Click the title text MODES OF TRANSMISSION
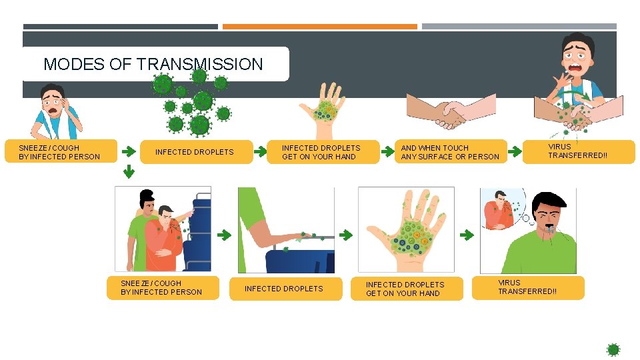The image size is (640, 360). click(x=153, y=64)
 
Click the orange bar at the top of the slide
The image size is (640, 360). click(x=319, y=27)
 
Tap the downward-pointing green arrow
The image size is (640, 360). click(x=129, y=171)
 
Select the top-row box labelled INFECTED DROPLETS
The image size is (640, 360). click(x=196, y=152)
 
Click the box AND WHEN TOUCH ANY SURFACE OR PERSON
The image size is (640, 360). click(x=451, y=152)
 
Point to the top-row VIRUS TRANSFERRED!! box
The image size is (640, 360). click(x=579, y=152)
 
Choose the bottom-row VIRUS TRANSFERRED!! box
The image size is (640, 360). click(x=528, y=288)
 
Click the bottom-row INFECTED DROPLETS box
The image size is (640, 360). click(x=286, y=289)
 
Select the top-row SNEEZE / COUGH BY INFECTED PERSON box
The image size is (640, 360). click(x=61, y=151)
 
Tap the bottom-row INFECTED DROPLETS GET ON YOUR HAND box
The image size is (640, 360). click(x=407, y=289)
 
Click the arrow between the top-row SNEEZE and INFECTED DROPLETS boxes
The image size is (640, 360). click(x=129, y=151)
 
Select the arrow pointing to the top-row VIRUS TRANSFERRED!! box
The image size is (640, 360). click(x=515, y=151)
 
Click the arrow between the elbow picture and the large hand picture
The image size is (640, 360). click(x=346, y=235)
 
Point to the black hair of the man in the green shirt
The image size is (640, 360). click(x=548, y=201)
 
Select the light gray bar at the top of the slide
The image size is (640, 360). click(x=519, y=27)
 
